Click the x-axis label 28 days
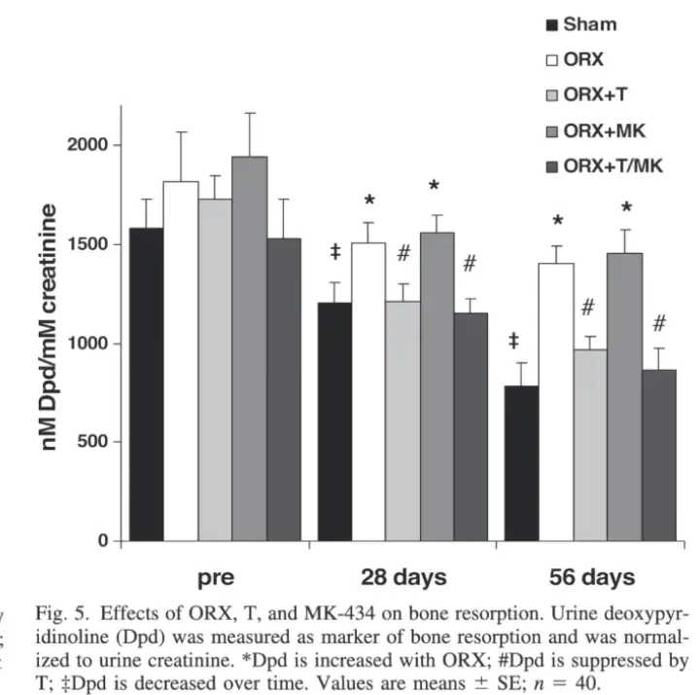[402, 577]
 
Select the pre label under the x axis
[215, 577]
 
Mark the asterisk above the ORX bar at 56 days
[558, 223]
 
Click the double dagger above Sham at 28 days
[335, 252]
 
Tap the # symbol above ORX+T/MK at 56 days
[659, 323]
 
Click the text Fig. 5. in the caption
[60, 612]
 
